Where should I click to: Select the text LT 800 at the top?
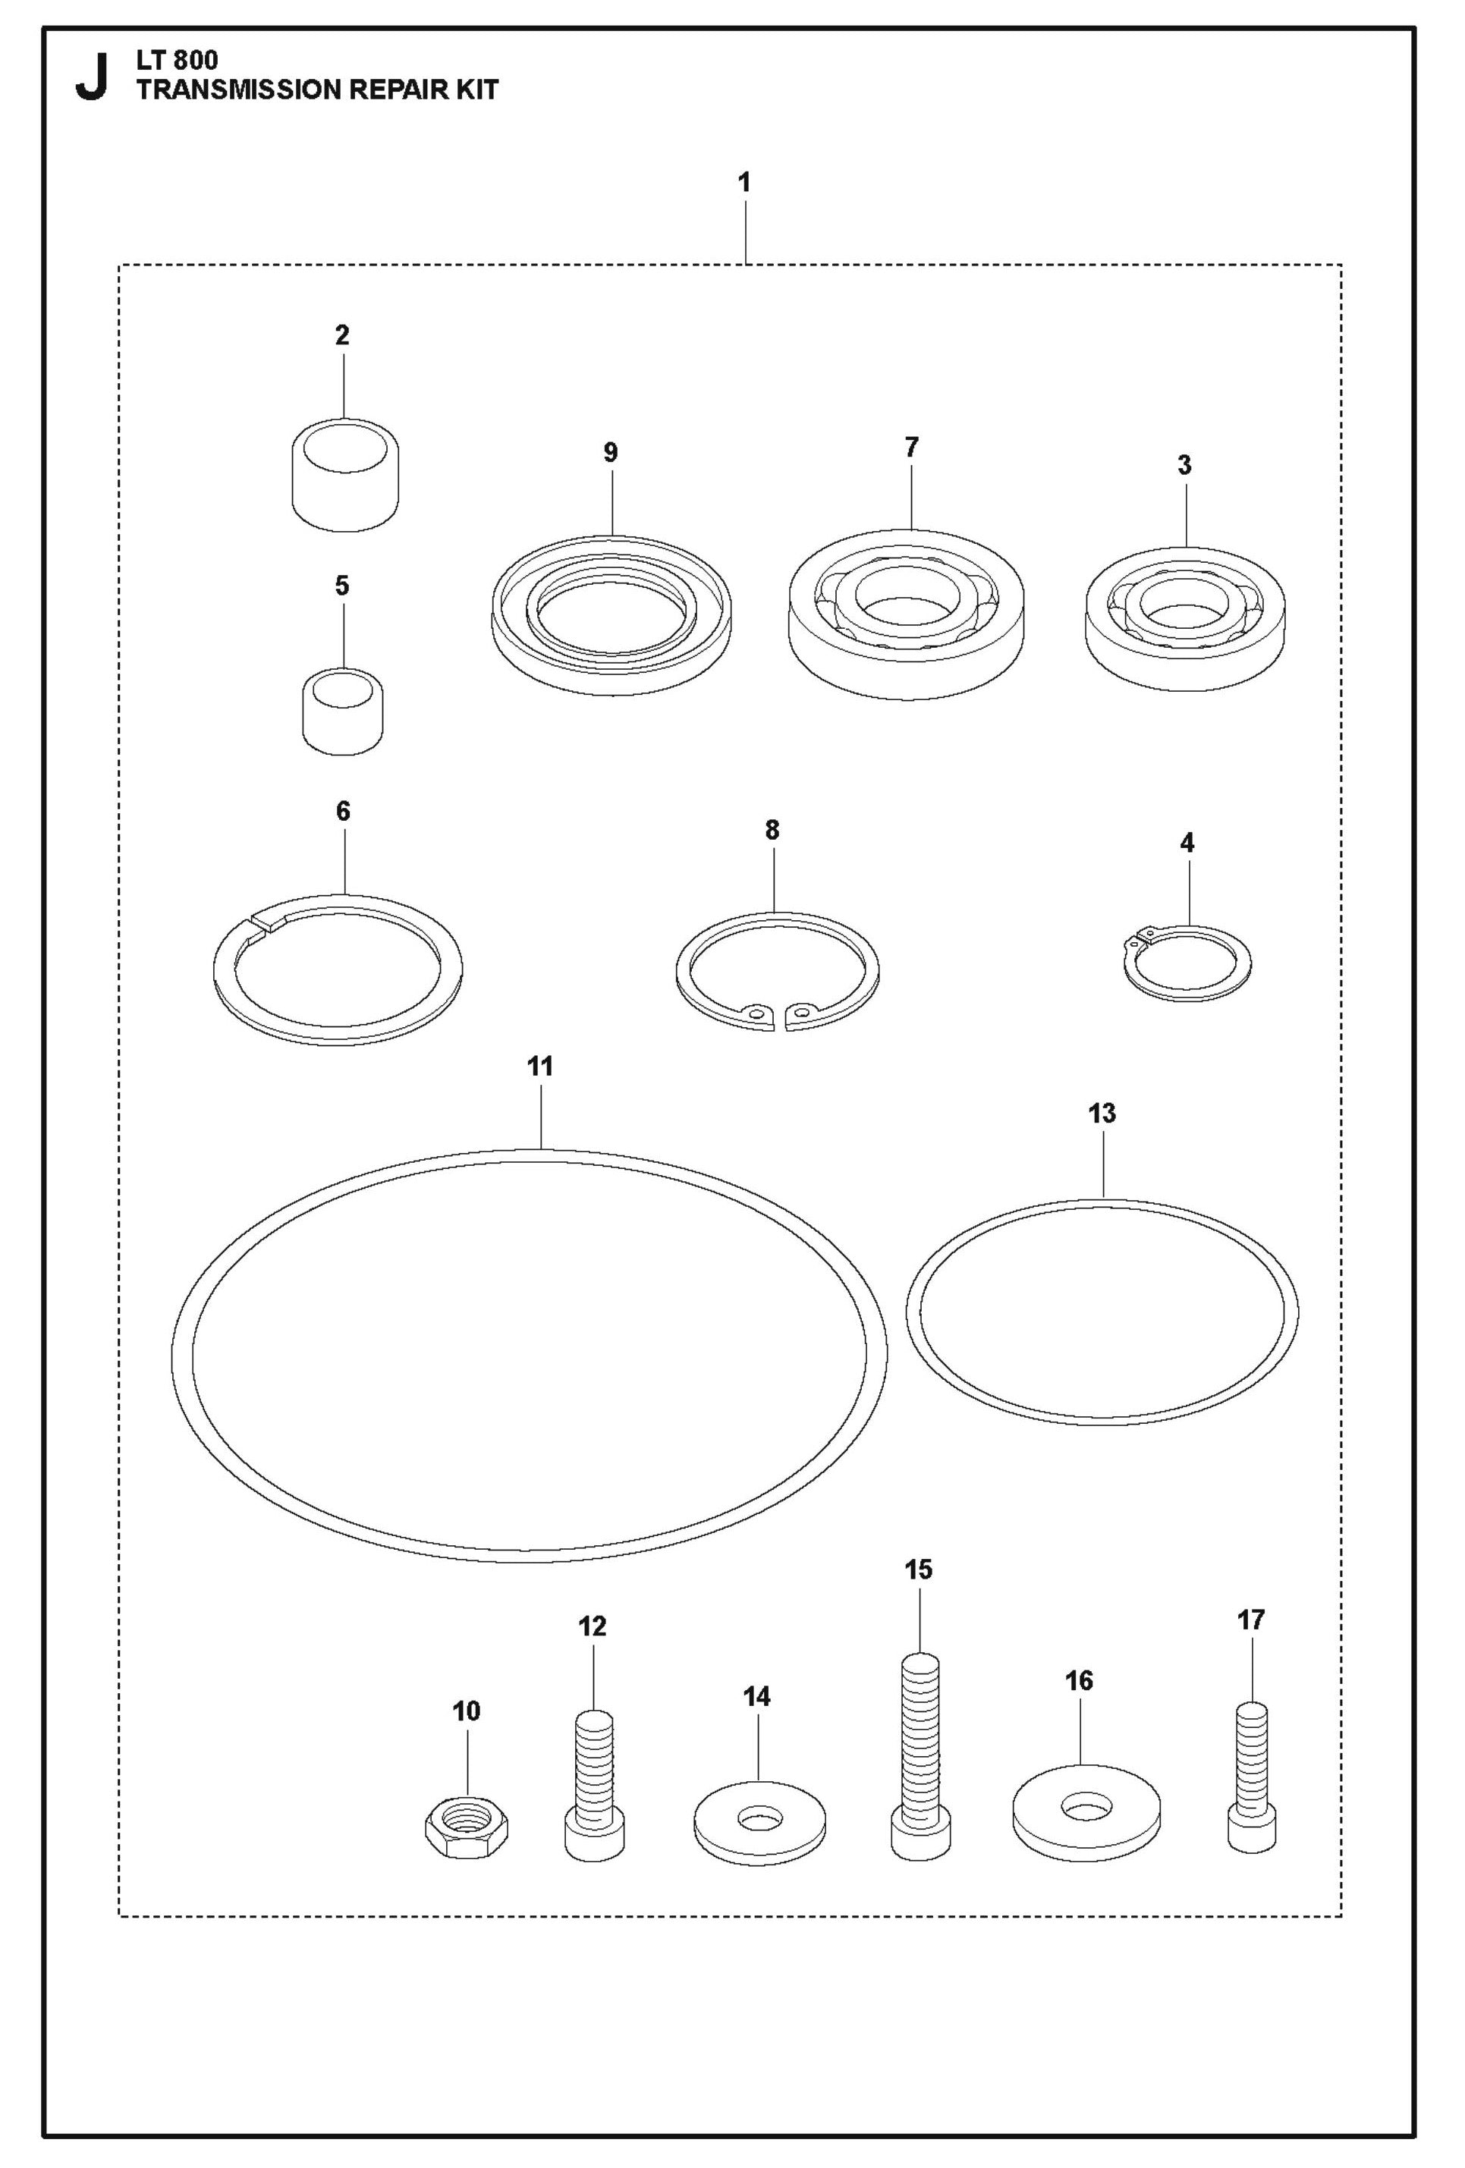[x=178, y=61]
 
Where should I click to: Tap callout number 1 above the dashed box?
[x=744, y=183]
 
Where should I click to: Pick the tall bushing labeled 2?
[x=345, y=476]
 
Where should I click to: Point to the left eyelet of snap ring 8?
[x=756, y=1011]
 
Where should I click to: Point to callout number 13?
[x=1101, y=1113]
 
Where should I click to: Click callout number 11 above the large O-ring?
[x=540, y=1067]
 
